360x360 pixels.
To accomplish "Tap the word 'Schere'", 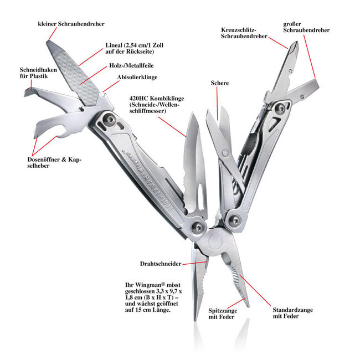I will (x=219, y=83).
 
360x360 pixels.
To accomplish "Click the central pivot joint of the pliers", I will (x=218, y=243).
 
